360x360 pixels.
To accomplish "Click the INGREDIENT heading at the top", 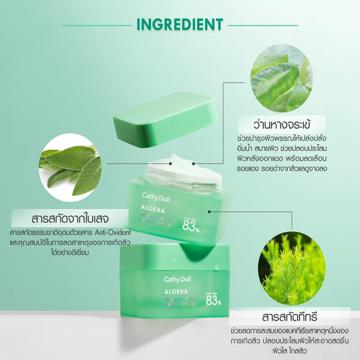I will (180, 24).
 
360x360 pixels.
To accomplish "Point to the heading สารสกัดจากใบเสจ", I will (73, 220).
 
